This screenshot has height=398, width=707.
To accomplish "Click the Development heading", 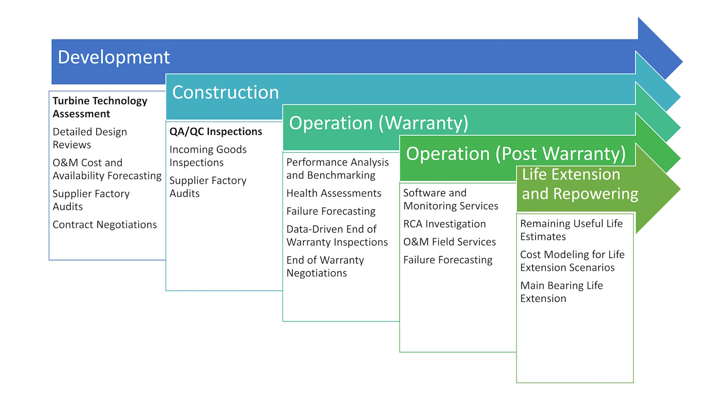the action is (x=114, y=58).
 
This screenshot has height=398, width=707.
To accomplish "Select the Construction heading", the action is (x=225, y=92).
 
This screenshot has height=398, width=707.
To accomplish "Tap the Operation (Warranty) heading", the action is (x=378, y=123).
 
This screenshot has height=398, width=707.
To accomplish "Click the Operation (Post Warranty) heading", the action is (x=516, y=154).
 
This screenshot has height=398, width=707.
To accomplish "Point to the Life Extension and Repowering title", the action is (x=580, y=184).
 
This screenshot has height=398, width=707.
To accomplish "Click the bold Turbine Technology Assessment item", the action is (x=100, y=107).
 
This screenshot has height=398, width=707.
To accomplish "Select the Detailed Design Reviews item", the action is (x=90, y=138).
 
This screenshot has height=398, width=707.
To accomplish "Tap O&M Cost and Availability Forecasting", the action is (x=107, y=169).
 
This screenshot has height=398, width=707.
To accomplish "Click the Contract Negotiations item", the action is (x=105, y=224).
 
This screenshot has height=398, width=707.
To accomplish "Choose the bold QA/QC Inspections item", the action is (x=215, y=132).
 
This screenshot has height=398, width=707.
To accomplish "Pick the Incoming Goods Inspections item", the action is (x=208, y=156).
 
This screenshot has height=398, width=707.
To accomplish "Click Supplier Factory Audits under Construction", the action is (x=208, y=187).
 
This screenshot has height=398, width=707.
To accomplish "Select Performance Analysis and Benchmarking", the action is (x=337, y=168).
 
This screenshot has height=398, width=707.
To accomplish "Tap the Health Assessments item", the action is (x=334, y=193).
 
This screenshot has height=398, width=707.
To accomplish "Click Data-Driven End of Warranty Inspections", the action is (x=337, y=235).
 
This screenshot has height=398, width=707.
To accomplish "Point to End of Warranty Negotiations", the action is (x=325, y=266).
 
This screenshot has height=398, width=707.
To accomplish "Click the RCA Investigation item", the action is (x=444, y=224).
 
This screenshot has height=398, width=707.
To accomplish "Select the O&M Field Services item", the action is (x=450, y=242).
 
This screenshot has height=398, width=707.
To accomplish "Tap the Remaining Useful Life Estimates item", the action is (x=571, y=230).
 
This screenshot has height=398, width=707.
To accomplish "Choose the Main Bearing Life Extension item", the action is (x=561, y=292).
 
